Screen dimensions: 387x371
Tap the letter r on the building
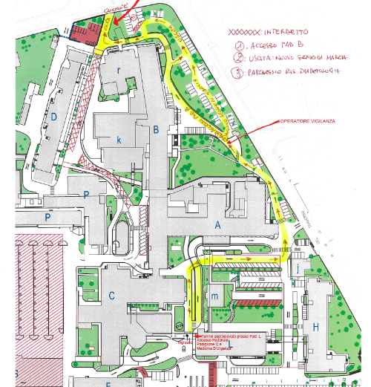[119, 68]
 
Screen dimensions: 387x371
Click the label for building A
[217, 224]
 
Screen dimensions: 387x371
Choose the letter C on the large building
[112, 296]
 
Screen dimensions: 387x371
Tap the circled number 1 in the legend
[240, 45]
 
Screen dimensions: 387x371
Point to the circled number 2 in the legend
[240, 58]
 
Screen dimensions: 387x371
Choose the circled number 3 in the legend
[240, 72]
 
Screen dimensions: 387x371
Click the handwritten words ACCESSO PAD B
[275, 45]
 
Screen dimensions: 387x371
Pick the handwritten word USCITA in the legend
[260, 58]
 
